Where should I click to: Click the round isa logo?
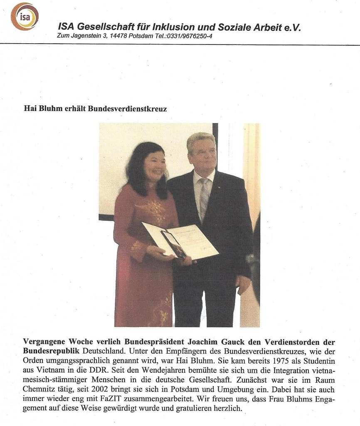pyautogui.click(x=25, y=16)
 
